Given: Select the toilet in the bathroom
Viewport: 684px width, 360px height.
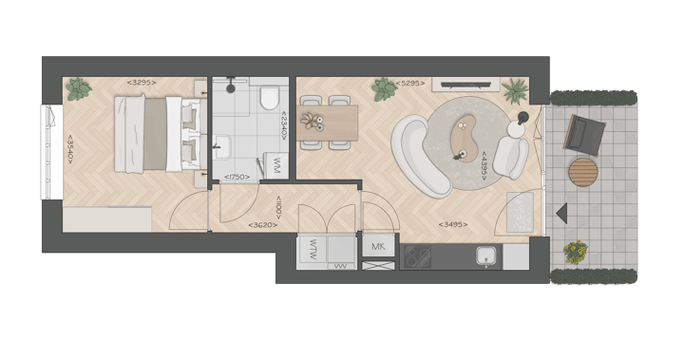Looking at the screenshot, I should coord(269,98).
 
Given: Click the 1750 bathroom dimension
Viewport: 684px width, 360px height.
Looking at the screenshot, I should coord(237,177).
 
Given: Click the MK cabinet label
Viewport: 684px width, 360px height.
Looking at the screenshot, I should coord(378,247).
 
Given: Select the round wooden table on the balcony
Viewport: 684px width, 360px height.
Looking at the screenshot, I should coord(584,173).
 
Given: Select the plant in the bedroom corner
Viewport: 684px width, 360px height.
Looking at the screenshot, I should coord(78,89).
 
